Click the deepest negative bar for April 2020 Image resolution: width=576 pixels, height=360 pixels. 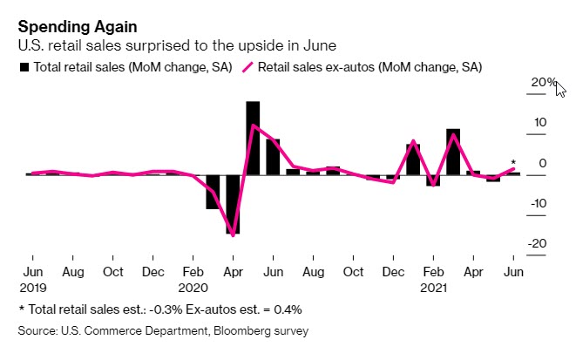(x=233, y=204)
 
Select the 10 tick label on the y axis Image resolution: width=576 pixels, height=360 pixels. (x=541, y=123)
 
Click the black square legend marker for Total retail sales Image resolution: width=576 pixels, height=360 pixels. (x=24, y=66)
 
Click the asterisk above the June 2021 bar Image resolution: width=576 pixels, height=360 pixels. (x=513, y=162)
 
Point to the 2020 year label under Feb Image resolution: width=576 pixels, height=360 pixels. (x=193, y=285)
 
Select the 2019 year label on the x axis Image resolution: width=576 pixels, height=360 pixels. (x=31, y=285)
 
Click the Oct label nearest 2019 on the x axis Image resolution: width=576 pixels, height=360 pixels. (x=112, y=271)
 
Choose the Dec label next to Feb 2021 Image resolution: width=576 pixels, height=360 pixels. (x=393, y=271)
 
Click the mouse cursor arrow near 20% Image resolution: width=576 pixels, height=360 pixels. (x=560, y=89)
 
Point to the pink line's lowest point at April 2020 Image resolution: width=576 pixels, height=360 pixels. (x=234, y=234)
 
